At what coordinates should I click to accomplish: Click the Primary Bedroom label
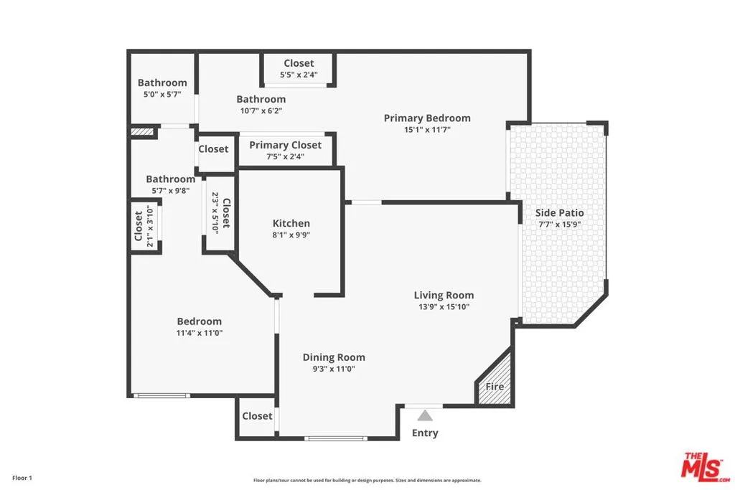coord(427,118)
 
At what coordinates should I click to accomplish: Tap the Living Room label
coord(444,295)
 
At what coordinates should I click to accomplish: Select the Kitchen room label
coord(291,223)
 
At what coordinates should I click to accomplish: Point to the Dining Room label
coord(334,357)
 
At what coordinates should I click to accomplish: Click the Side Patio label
coord(560,212)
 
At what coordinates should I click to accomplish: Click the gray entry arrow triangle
coord(425,415)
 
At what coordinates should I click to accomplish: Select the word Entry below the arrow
coord(425,433)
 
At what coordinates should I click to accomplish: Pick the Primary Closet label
coord(286,145)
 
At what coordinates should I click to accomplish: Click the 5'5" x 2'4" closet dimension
coord(299,75)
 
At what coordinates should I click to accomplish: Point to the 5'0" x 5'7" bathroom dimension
coord(162,94)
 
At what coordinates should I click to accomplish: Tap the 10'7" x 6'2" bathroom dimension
coord(261,110)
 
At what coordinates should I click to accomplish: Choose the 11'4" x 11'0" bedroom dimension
coord(200,333)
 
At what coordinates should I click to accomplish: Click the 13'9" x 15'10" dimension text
coord(444,306)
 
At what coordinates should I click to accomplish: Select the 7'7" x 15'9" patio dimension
coord(560,224)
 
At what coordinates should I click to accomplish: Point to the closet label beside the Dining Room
coord(257,416)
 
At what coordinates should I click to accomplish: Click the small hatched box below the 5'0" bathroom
coord(142,132)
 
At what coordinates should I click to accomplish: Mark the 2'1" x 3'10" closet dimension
coord(151,226)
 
